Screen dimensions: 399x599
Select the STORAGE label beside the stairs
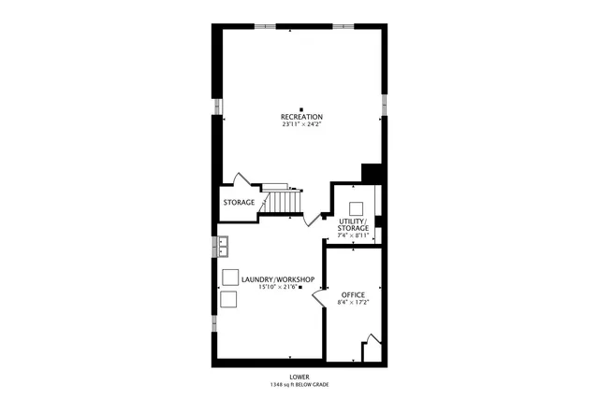[x=239, y=202]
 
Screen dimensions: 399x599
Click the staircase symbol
[x=283, y=198]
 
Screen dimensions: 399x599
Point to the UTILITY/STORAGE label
[x=354, y=224]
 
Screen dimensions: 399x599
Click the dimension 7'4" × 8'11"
[x=354, y=235]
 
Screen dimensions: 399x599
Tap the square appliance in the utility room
[x=357, y=208]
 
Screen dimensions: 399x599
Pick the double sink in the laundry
[x=225, y=247]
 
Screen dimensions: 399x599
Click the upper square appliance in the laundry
[x=229, y=277]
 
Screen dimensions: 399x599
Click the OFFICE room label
[x=353, y=295]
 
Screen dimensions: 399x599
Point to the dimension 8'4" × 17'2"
[x=353, y=304]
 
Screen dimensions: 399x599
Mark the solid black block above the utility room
[x=372, y=175]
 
